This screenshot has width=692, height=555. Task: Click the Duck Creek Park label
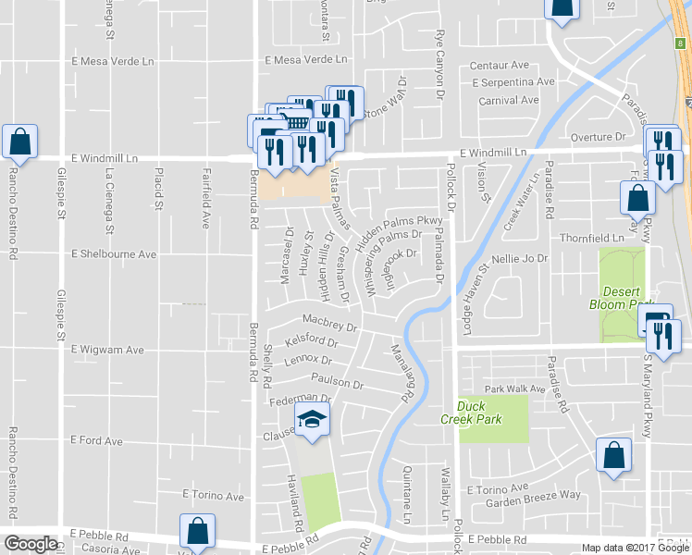tap(479, 413)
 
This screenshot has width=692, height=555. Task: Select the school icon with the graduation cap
tap(313, 421)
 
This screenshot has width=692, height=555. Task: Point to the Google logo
tap(31, 544)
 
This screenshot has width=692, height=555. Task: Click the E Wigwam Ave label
tap(108, 350)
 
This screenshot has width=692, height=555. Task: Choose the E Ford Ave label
tap(97, 441)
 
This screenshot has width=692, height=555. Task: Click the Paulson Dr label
tap(338, 383)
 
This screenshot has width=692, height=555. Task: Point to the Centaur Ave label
tap(499, 66)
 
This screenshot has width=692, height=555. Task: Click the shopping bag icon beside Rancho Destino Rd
tap(19, 142)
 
